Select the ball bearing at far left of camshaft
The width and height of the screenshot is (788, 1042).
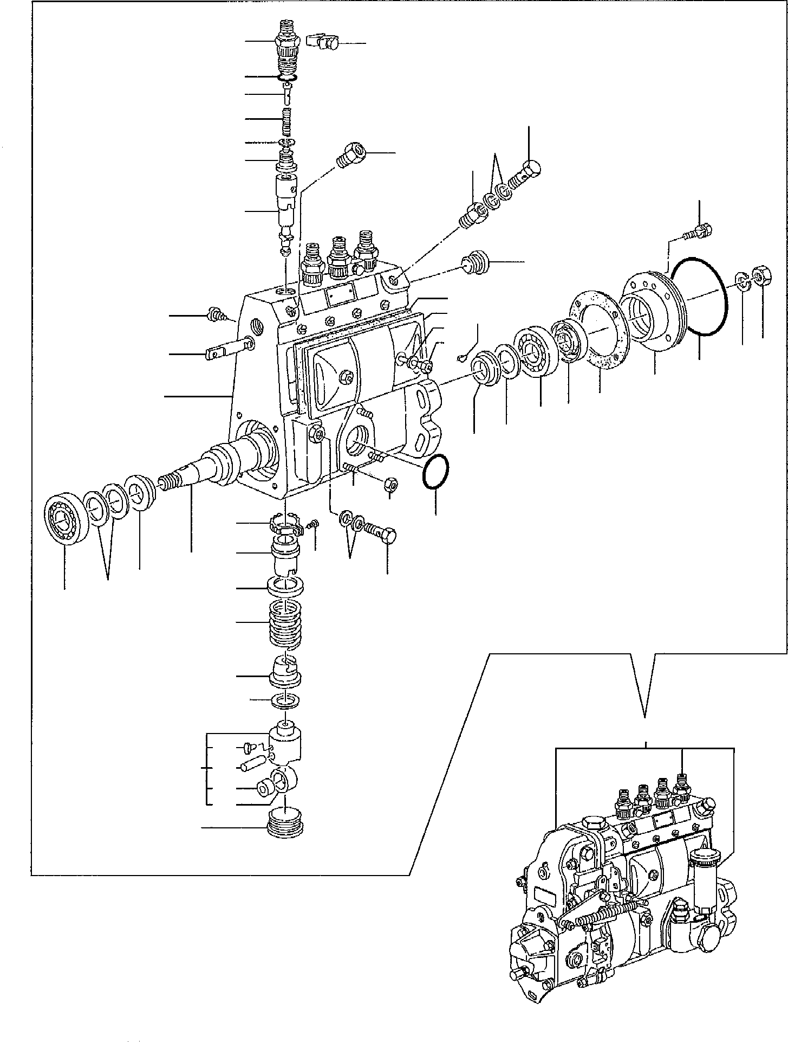(64, 518)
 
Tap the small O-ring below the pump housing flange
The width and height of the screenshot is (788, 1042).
(435, 471)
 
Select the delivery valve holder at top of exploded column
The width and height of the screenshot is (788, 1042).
(288, 54)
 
